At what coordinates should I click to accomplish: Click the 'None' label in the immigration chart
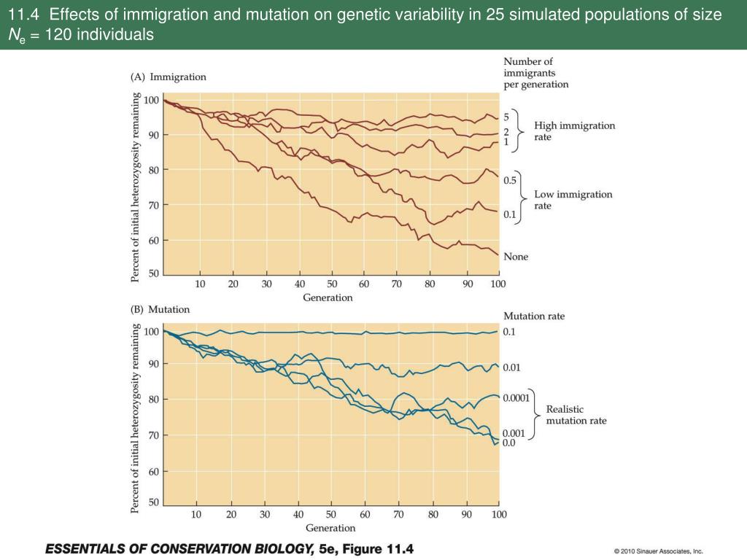[516, 257]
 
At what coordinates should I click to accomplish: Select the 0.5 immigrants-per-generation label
[510, 180]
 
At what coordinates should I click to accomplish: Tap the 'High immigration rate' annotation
[574, 131]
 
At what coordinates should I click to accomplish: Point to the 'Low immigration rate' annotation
[573, 200]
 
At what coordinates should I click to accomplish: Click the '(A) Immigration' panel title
[169, 77]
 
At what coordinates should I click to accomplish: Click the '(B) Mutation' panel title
[160, 309]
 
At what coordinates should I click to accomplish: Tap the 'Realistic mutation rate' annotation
[576, 415]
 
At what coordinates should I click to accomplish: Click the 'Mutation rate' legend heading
[534, 316]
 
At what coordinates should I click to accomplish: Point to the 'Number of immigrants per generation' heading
[535, 73]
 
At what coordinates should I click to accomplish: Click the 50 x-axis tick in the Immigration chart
[332, 284]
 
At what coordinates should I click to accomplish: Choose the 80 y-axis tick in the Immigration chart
[154, 170]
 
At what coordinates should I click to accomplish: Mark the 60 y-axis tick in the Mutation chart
[154, 472]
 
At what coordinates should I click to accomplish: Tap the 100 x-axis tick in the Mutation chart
[499, 515]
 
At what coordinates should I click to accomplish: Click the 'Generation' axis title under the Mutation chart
[330, 528]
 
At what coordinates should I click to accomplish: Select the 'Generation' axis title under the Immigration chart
[328, 297]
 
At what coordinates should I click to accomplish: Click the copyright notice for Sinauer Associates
[658, 551]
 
